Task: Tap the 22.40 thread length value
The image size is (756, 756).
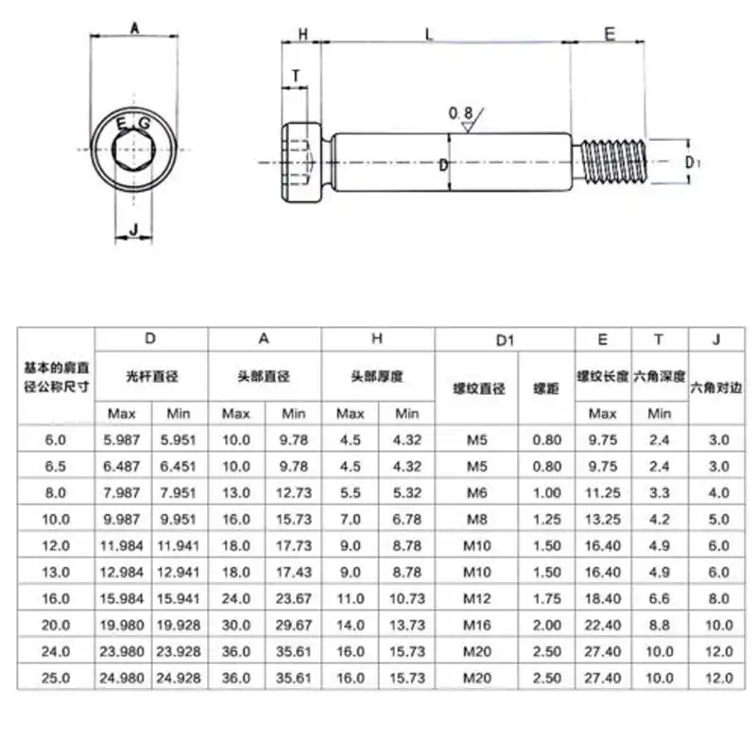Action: click(x=603, y=625)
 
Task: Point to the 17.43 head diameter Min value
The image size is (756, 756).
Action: click(x=293, y=572)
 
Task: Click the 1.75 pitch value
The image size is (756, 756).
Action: click(x=546, y=598)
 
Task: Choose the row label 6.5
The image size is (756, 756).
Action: click(x=56, y=466)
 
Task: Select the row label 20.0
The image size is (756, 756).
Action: click(x=56, y=625)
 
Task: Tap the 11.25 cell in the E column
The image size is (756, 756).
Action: click(x=603, y=492)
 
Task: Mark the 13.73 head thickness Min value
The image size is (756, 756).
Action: click(x=406, y=625)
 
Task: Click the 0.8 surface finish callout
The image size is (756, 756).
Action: click(x=461, y=113)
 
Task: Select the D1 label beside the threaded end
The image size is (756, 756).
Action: click(x=693, y=163)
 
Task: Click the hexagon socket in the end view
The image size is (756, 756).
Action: click(x=132, y=148)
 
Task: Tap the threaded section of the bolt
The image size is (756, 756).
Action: click(x=612, y=162)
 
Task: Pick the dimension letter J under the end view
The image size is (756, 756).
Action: click(x=133, y=229)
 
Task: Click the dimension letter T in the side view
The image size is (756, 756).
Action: click(x=296, y=76)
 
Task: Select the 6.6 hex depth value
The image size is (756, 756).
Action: click(x=660, y=598)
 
